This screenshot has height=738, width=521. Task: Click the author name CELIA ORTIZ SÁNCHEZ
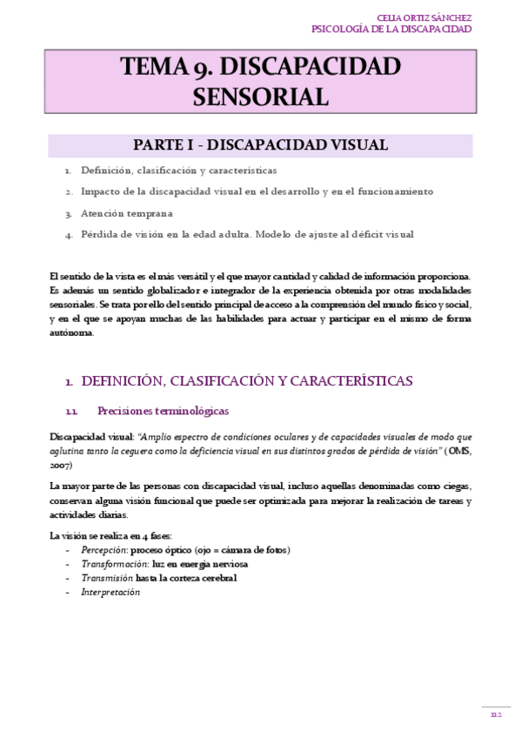point(424,17)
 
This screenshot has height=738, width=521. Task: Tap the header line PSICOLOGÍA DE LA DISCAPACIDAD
point(391,30)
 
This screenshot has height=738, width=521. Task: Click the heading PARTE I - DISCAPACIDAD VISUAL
point(260,144)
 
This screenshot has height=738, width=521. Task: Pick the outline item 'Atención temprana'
point(127,212)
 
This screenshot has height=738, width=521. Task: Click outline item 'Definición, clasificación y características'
point(178,171)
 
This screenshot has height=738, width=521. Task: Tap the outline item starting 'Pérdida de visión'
point(247,234)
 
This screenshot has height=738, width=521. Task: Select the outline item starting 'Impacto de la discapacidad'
point(257,191)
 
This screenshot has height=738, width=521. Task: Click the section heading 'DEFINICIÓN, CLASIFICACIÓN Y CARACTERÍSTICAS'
point(246,381)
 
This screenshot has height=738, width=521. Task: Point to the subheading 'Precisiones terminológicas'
point(164,411)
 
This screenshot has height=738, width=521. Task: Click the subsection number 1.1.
point(73,412)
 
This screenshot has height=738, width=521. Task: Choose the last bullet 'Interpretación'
point(110,592)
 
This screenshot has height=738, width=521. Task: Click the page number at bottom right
point(496,715)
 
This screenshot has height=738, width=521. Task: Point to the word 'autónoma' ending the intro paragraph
point(71,332)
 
